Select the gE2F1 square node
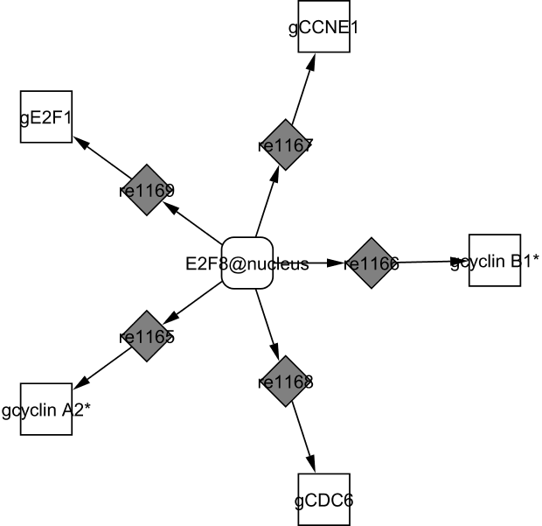(45, 116)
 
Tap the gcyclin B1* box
(495, 260)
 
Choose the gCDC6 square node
(323, 499)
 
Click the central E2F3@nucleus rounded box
(248, 263)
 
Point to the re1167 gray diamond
(286, 144)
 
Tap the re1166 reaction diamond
(372, 263)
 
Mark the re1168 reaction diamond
(286, 382)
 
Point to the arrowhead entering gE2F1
(78, 139)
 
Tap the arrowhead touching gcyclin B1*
(462, 261)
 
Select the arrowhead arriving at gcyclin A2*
(78, 384)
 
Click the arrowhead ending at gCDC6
(312, 466)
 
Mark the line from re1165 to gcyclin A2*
(103, 366)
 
